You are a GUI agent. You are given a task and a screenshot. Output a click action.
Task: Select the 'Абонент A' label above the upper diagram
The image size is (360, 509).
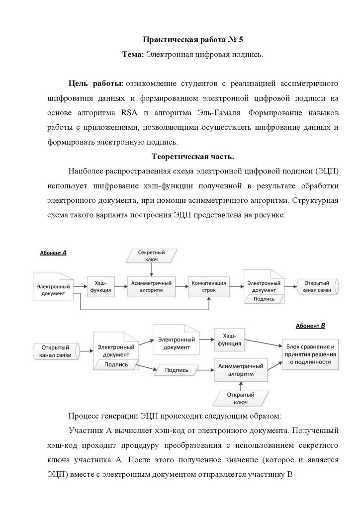[x=53, y=253]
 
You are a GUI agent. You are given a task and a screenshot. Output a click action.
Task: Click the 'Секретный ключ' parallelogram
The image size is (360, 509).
[x=152, y=256]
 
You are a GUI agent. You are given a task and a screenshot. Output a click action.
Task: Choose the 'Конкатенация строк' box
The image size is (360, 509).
[x=208, y=286]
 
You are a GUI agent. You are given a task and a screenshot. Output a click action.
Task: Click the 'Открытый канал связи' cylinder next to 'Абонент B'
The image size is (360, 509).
[x=59, y=351]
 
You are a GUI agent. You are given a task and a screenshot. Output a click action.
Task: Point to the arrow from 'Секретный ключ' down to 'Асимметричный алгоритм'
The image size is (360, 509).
[x=151, y=269]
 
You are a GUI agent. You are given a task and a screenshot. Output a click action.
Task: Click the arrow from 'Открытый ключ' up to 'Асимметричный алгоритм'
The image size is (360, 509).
[x=241, y=385]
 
